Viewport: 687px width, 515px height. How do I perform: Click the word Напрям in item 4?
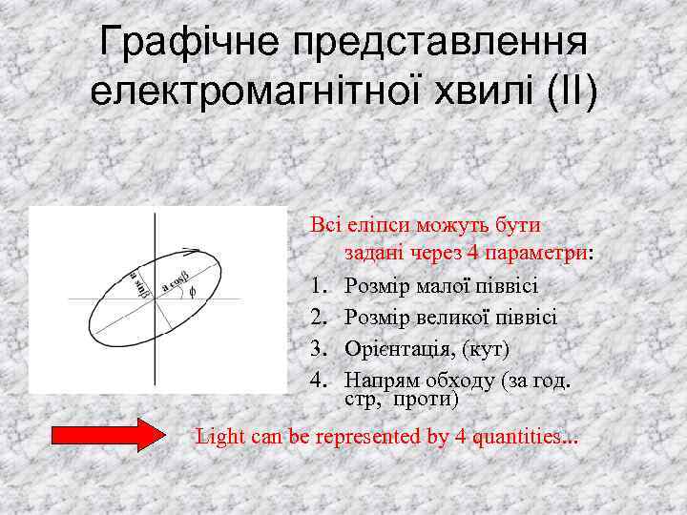pyautogui.click(x=377, y=381)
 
